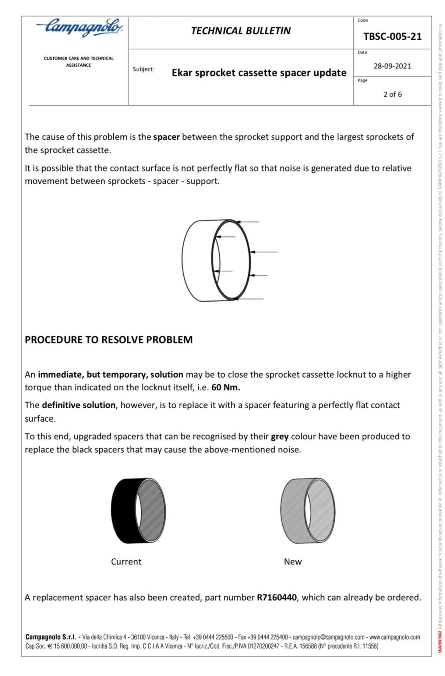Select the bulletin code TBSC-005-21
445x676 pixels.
click(392, 37)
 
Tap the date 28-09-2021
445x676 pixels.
click(392, 66)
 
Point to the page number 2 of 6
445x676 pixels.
click(392, 94)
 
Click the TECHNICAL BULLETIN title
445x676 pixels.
click(240, 31)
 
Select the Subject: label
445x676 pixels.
click(144, 69)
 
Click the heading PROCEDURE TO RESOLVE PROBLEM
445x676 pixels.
click(109, 340)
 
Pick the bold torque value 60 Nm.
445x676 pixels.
click(226, 387)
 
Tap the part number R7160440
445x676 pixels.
click(276, 597)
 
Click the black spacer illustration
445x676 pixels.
click(138, 510)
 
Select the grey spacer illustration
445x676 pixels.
click(307, 510)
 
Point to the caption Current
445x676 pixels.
click(126, 562)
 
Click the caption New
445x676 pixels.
click(293, 562)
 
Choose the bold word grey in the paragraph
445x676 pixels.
click(279, 436)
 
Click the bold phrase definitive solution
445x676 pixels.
click(79, 405)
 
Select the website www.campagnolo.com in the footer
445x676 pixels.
click(394, 637)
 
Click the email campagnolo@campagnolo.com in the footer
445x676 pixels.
click(328, 637)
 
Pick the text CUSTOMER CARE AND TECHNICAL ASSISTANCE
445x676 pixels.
click(79, 62)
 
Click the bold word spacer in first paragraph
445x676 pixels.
click(166, 137)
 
